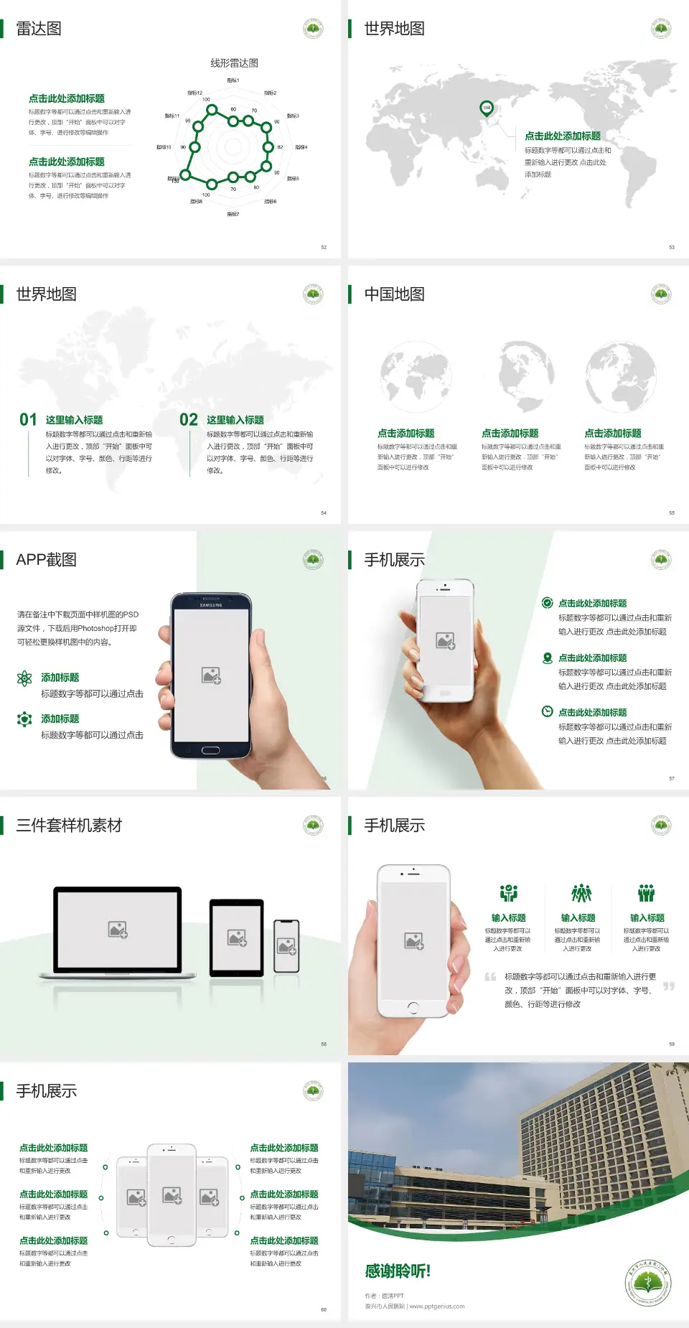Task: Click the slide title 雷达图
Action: [39, 29]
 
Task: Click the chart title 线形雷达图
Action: [234, 63]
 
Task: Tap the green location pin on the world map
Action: [487, 108]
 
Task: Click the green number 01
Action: [28, 420]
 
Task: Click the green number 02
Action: [189, 420]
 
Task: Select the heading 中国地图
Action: [394, 294]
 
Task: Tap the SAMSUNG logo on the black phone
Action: [211, 605]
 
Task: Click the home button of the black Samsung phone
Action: [210, 750]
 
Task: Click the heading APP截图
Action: [47, 560]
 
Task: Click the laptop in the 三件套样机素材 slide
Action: [118, 931]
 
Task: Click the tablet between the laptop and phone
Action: [237, 937]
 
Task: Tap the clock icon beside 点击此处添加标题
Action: [547, 711]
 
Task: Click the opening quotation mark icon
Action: [490, 976]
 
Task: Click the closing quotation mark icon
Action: [668, 986]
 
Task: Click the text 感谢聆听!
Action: [398, 1271]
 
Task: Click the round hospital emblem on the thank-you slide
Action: [647, 1283]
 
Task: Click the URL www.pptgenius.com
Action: [437, 1306]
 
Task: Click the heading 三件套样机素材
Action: [69, 826]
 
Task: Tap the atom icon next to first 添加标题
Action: [24, 678]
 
